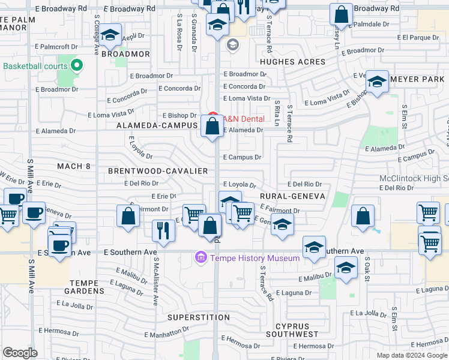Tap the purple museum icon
pyautogui.click(x=200, y=259)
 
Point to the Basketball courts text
pyautogui.click(x=36, y=66)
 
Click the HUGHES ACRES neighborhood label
pyautogui.click(x=292, y=62)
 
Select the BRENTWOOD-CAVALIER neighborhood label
pyautogui.click(x=158, y=171)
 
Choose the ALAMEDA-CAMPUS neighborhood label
pyautogui.click(x=157, y=125)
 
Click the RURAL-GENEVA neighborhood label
pyautogui.click(x=292, y=196)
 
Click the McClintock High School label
pyautogui.click(x=414, y=179)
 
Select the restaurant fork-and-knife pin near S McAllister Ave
pyautogui.click(x=162, y=230)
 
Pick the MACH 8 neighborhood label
pyautogui.click(x=73, y=166)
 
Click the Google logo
pyautogui.click(x=20, y=353)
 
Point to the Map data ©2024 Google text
pyautogui.click(x=411, y=355)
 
